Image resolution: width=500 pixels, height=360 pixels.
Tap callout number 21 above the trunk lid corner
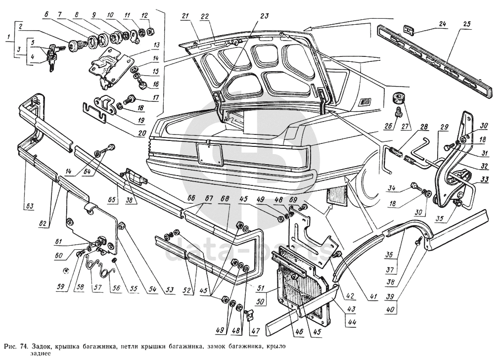coord(185,16)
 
